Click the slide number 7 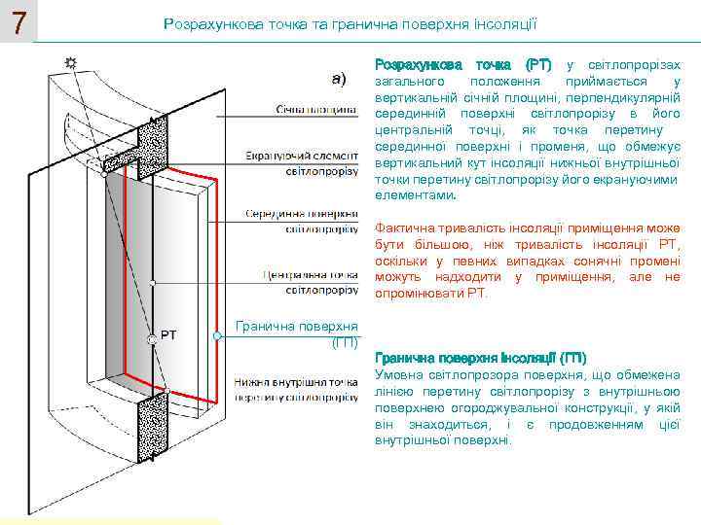point(17,21)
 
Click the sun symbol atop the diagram point(70,63)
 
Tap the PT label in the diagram point(168,335)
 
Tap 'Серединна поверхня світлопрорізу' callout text point(301,221)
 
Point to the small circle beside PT point(153,338)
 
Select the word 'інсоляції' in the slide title point(501,21)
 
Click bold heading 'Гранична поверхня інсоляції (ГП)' point(480,357)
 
